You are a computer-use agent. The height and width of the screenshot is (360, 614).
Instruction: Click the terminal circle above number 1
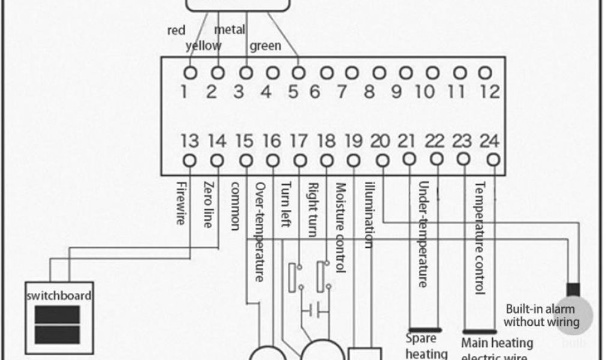point(191,73)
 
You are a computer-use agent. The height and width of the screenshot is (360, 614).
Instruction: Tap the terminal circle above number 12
point(487,73)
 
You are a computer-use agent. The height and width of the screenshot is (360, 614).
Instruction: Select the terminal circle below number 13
point(190,161)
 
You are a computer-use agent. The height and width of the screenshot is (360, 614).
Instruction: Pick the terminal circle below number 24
point(493,160)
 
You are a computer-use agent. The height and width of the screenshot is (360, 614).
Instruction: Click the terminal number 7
point(341,92)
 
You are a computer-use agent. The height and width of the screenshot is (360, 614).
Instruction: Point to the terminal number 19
point(353,142)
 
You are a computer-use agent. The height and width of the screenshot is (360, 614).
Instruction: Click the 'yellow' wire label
point(203,46)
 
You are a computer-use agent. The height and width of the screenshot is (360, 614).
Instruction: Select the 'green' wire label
point(264,46)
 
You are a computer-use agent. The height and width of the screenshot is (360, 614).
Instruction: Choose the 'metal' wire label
point(229,29)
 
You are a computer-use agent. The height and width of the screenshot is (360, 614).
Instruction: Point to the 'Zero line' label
point(207,205)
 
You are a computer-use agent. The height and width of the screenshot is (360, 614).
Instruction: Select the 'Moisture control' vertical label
point(341,228)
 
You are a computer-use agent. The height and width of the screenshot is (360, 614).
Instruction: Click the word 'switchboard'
point(59,296)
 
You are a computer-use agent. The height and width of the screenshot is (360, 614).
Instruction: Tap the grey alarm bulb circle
point(573,314)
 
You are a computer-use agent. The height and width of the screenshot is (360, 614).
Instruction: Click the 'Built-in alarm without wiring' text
point(541,316)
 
